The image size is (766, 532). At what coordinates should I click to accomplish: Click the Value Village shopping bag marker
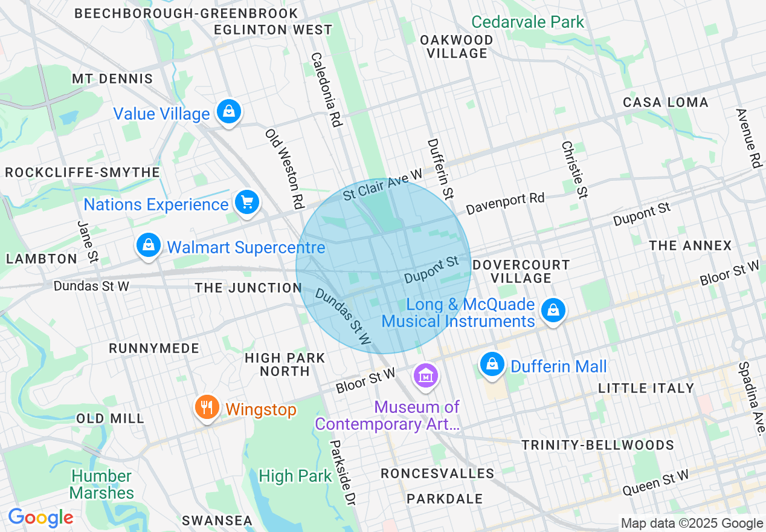tap(229, 112)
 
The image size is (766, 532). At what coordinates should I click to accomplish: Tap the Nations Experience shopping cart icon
tap(246, 203)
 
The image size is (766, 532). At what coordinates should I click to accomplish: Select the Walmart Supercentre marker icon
tap(148, 245)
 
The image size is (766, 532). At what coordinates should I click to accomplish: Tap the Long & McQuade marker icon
tap(552, 311)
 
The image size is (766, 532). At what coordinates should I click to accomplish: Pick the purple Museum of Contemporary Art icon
tap(426, 376)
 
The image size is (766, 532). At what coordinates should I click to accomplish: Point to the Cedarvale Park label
tap(527, 22)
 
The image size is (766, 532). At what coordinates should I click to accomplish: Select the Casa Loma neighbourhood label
tap(665, 102)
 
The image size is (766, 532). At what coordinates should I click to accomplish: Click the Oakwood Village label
tap(457, 47)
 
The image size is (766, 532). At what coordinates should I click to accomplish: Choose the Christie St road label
tap(574, 170)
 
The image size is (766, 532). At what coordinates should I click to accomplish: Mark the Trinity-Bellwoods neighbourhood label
tap(597, 445)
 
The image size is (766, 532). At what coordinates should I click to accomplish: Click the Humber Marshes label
tap(101, 484)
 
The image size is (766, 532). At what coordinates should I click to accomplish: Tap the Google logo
tap(40, 517)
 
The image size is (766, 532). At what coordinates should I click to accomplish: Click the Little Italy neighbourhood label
tap(646, 388)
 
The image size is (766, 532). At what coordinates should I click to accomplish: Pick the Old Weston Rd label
tap(283, 165)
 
